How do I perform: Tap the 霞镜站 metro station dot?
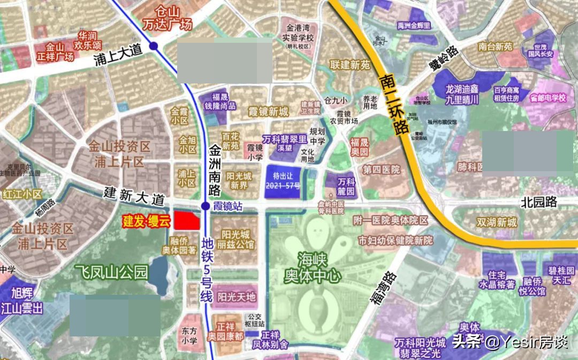[206, 206]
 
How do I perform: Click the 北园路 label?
[539, 202]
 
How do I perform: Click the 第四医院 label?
[381, 170]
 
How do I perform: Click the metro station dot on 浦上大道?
[154, 46]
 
